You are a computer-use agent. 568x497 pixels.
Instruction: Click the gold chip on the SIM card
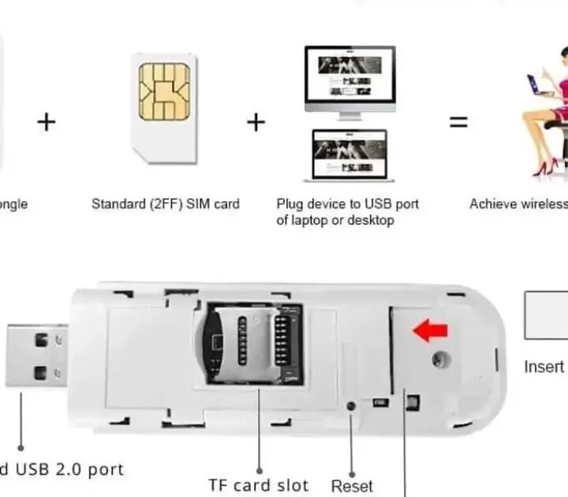point(164,92)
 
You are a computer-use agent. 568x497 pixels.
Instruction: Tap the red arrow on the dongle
point(431,331)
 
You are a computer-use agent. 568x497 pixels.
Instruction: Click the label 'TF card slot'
point(258,484)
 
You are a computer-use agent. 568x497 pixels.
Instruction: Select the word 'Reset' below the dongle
point(352,485)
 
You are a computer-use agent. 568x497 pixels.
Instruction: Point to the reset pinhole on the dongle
point(352,405)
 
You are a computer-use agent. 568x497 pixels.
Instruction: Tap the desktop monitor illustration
point(349,80)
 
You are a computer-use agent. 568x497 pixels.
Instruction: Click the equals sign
point(458,122)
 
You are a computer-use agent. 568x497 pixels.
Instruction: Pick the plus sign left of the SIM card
point(47,122)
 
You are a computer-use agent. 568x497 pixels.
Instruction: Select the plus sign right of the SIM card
point(256,122)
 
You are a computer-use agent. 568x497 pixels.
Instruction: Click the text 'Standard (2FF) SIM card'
point(166,204)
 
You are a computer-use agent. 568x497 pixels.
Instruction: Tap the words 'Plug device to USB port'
point(347,204)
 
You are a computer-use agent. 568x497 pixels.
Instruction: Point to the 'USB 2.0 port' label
point(63,469)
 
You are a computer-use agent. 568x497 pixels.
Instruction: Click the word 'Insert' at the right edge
point(544,367)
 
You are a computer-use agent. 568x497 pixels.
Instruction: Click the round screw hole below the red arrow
point(438,359)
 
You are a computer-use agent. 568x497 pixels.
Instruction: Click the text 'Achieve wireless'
point(518,204)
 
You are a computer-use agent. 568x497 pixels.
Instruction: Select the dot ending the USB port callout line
point(21,447)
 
